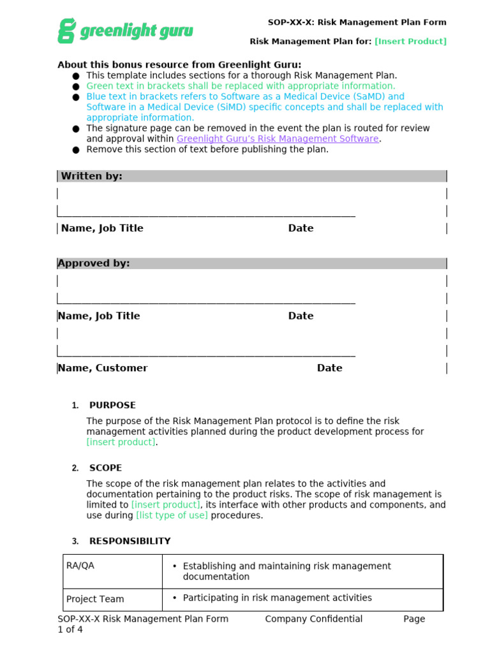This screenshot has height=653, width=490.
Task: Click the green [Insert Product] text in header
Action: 410,41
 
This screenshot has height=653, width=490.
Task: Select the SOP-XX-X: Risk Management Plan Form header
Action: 357,22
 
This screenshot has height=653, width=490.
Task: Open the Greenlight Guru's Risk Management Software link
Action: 278,139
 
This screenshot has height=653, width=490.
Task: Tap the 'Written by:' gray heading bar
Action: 252,176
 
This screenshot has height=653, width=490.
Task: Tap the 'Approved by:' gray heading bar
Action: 252,263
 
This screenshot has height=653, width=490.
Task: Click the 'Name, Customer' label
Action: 103,368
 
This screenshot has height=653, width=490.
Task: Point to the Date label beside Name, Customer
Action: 329,368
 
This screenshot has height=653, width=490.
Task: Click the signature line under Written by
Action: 206,216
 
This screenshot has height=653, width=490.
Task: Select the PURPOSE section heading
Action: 112,406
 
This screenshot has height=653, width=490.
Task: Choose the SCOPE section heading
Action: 105,468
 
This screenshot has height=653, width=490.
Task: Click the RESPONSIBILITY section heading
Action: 130,541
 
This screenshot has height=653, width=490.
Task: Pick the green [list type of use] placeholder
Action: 172,515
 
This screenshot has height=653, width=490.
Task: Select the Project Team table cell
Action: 113,599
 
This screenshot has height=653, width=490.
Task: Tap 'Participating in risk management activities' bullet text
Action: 277,598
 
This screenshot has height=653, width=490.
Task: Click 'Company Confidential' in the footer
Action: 313,619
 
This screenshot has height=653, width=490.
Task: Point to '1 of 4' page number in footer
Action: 70,629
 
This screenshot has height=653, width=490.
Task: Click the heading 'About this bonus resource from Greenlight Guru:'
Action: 179,64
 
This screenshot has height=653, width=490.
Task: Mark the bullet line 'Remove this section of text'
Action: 207,150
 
